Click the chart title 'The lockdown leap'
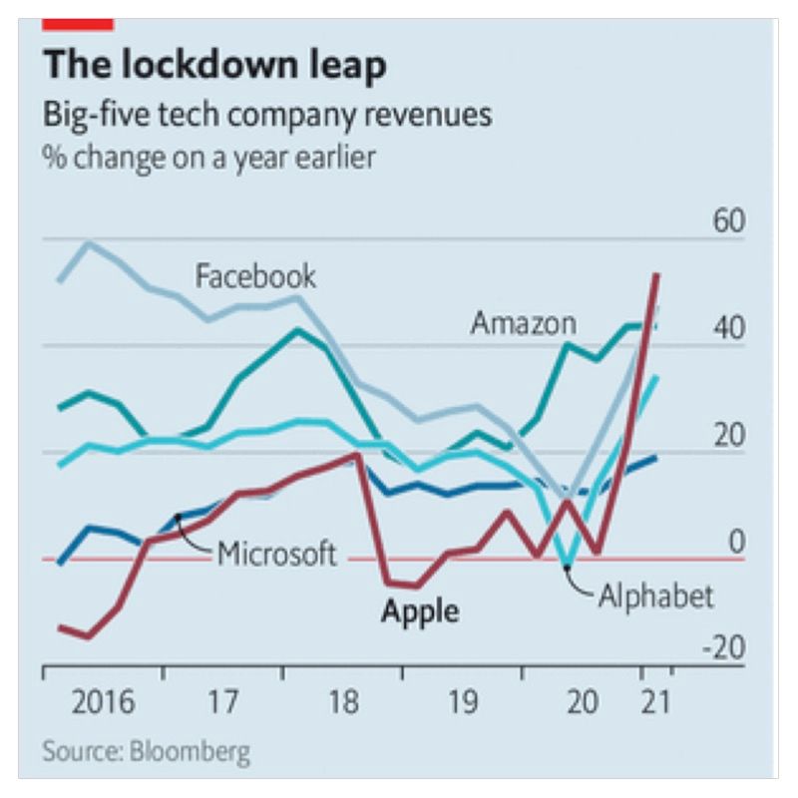213,65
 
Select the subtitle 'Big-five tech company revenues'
266,115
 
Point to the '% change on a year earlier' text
209,158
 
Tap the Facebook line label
255,275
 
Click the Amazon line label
524,323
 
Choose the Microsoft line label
277,553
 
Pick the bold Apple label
420,609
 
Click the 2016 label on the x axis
104,702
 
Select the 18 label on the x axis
342,702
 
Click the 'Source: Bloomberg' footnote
147,750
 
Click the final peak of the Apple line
656,274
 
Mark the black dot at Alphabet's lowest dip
568,567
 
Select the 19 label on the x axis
462,702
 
